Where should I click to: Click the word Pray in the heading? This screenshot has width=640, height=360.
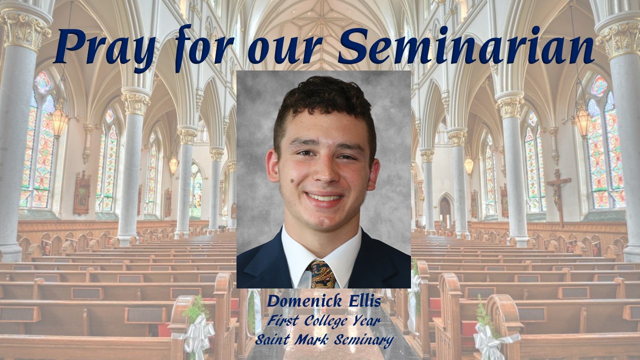(105, 47)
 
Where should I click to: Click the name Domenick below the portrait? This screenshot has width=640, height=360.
(304, 301)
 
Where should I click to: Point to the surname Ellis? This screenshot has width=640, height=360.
(364, 301)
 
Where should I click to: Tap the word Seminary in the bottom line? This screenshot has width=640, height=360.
(363, 340)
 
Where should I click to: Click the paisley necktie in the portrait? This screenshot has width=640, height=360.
(321, 274)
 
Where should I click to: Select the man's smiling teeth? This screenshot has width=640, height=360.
(324, 197)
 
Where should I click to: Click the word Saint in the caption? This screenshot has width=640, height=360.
(272, 339)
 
